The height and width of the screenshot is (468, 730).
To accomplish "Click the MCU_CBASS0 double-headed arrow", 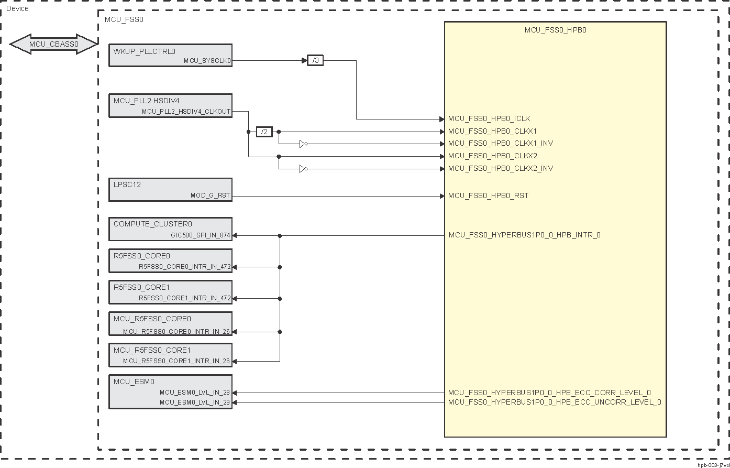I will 54,45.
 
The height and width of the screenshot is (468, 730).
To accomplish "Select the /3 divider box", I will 315,61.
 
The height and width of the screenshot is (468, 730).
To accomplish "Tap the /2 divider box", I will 264,132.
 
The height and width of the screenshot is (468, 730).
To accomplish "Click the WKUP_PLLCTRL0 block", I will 170,56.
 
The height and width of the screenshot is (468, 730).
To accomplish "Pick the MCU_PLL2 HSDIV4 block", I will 170,105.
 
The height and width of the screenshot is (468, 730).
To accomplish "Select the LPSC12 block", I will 170,190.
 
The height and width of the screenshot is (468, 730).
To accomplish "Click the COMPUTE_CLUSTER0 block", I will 170,230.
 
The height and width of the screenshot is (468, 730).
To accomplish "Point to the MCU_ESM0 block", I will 170,391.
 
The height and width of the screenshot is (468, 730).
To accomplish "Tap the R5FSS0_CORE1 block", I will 170,292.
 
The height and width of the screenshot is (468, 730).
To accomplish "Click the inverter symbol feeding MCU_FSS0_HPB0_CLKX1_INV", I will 303,144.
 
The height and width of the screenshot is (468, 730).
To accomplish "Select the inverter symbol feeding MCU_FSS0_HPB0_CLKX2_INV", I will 303,169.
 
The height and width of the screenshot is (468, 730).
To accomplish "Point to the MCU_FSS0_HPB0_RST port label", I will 488,196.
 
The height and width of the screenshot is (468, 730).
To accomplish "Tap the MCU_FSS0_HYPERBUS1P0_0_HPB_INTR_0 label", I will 524,235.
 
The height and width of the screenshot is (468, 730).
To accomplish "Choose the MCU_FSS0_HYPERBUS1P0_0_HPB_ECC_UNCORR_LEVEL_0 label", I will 555,402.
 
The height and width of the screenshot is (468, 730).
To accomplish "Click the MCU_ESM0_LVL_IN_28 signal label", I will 195,393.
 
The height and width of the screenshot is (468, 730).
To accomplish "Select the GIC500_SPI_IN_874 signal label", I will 200,236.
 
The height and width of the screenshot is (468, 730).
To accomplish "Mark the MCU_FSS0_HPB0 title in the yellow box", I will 555,30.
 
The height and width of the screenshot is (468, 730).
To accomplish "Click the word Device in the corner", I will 17,9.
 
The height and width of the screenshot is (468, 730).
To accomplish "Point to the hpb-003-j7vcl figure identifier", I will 713,465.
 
